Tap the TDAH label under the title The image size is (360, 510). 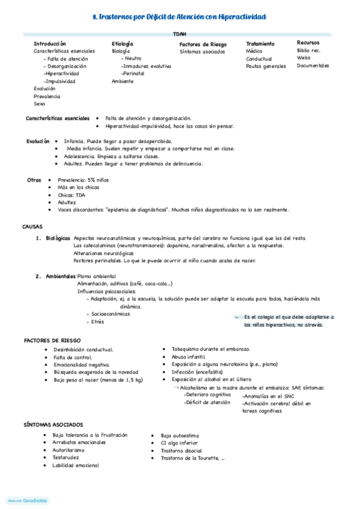click(x=180, y=34)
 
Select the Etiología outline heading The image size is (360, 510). click(x=122, y=44)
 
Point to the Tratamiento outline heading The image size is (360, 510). click(x=260, y=44)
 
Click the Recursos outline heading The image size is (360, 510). click(x=308, y=43)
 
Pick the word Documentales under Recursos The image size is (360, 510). click(x=313, y=66)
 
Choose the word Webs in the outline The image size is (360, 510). click(x=304, y=58)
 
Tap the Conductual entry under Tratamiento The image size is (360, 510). click(x=258, y=59)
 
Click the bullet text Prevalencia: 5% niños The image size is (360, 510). click(x=83, y=180)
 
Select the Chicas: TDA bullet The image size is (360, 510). click(x=72, y=195)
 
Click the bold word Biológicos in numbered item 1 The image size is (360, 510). click(x=58, y=239)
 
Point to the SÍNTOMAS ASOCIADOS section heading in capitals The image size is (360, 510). click(x=53, y=425)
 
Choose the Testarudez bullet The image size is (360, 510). click(x=66, y=458)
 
